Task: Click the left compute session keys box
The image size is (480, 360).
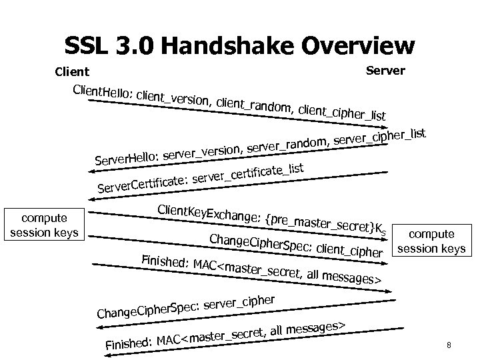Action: click(44, 225)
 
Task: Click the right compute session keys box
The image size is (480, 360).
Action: click(431, 241)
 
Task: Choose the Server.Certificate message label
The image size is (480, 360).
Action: click(141, 183)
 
